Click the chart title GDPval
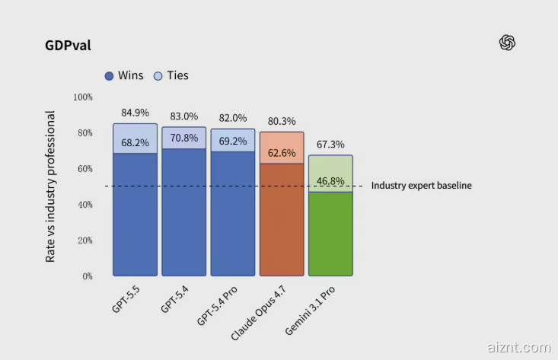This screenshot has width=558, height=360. (68, 45)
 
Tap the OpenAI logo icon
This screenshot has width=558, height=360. (508, 43)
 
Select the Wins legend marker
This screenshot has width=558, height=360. (109, 76)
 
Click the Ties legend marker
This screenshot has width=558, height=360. (158, 76)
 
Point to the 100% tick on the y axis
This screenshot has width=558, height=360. (83, 97)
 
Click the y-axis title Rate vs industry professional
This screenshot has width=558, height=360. (51, 186)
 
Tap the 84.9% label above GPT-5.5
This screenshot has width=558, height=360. (135, 113)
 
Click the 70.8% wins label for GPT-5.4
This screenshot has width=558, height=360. (183, 138)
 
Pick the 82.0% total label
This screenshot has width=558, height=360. (232, 118)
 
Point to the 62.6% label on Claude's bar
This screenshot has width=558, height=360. (282, 152)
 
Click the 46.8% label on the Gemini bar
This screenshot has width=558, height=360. (330, 181)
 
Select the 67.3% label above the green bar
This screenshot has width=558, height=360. (330, 144)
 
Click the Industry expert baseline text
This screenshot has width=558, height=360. (421, 186)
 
